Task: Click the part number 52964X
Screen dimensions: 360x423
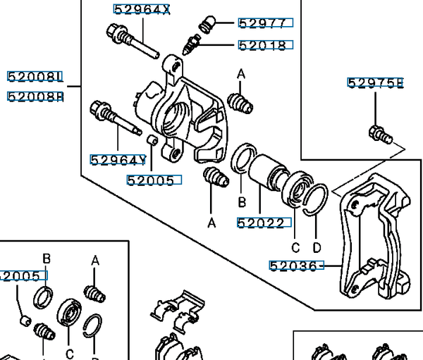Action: (142, 9)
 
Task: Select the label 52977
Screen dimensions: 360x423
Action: (264, 23)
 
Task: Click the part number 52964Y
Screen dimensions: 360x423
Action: (118, 160)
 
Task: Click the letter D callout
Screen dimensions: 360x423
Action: (317, 247)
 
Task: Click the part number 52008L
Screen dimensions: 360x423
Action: (35, 75)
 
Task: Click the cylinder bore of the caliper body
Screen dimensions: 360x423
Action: (173, 117)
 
